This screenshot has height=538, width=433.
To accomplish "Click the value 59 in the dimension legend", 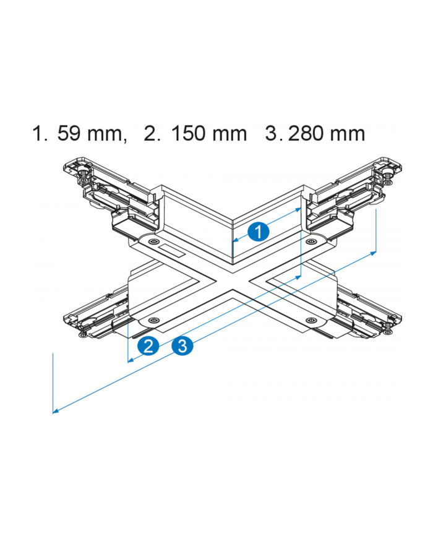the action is click(x=69, y=133).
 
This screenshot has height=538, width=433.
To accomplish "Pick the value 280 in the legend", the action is click(x=306, y=133).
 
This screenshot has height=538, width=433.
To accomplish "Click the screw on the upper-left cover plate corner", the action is click(x=152, y=241).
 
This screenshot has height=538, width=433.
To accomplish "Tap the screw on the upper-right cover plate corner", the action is click(x=311, y=241).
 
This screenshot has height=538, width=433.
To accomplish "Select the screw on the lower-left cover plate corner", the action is click(x=153, y=320).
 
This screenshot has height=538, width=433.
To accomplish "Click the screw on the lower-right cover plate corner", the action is click(x=311, y=321).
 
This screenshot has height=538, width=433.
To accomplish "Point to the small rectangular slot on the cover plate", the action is click(x=172, y=251).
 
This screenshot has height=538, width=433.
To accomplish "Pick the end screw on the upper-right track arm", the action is click(x=387, y=178).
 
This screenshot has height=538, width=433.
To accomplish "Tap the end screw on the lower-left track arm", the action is click(x=84, y=334).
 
